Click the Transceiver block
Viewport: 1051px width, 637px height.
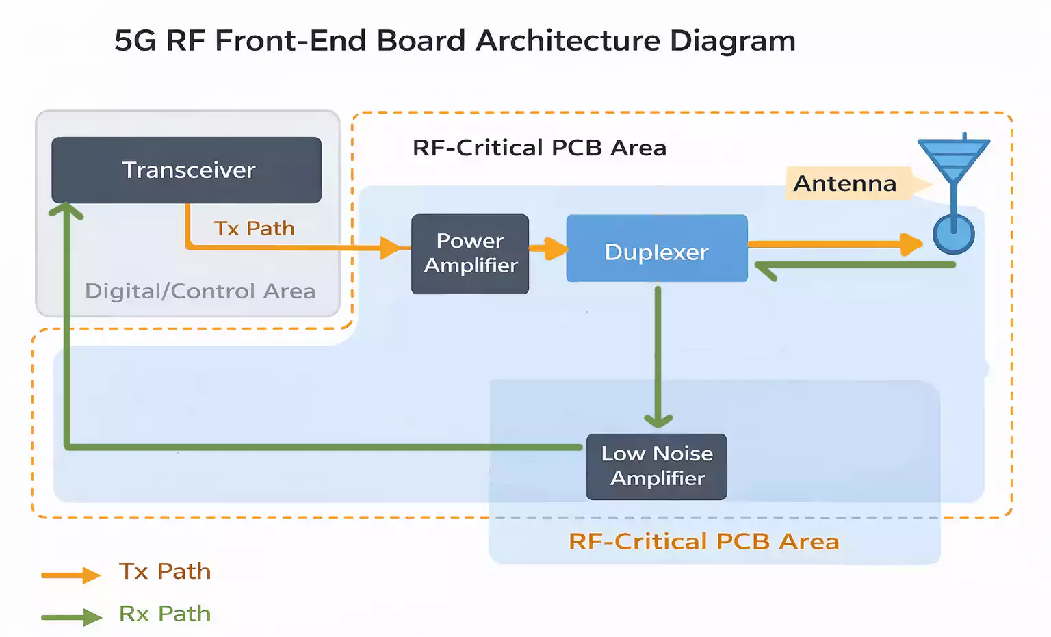[x=186, y=170]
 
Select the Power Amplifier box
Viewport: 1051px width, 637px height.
[x=470, y=254]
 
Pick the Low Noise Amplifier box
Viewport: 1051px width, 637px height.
[x=656, y=467]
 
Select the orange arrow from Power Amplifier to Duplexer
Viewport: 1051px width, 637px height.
[x=548, y=248]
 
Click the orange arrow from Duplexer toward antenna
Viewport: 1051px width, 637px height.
[x=835, y=244]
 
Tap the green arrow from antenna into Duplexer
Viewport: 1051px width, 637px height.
[x=855, y=265]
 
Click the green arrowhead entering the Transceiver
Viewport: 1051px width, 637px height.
[x=66, y=210]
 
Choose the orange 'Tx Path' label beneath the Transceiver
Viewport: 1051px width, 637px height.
[x=254, y=229]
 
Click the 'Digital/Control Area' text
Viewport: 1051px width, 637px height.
[x=200, y=291]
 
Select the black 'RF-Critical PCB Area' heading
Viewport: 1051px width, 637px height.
[x=539, y=148]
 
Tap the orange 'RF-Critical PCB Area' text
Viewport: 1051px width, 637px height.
[x=703, y=542]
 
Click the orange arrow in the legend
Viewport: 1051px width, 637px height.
[x=71, y=575]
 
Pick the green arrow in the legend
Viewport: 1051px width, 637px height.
[x=71, y=617]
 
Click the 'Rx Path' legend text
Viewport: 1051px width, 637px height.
[x=165, y=614]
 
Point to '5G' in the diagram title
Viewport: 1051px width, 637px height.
[x=135, y=41]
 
